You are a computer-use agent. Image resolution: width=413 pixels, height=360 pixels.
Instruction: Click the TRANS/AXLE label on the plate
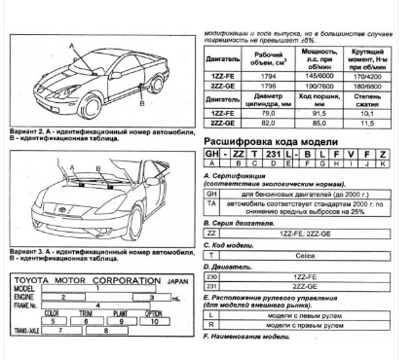tap(24, 331)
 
